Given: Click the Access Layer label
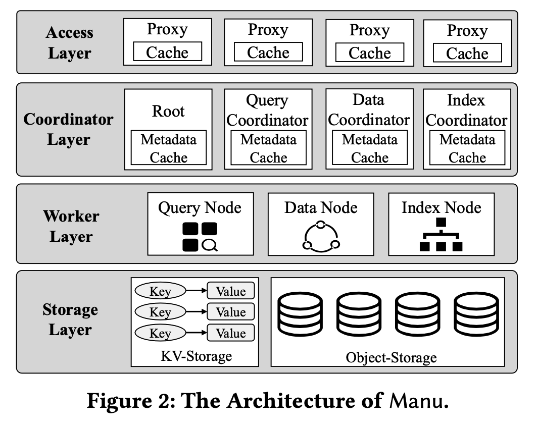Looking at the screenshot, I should click(70, 43).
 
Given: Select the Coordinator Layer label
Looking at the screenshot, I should click(68, 129).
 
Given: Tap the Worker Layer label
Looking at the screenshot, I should click(71, 226).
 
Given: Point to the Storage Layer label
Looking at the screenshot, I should click(70, 319).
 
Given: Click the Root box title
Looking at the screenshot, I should click(168, 111).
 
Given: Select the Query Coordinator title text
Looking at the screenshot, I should click(267, 111).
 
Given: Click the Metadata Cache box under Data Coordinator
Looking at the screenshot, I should click(369, 148).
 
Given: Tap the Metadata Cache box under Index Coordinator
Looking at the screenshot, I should click(467, 148).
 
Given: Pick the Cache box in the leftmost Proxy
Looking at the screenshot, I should click(167, 52).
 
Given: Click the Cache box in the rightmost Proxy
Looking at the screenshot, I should click(467, 52).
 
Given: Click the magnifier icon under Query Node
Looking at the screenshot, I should click(209, 245).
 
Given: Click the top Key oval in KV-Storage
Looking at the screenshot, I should click(160, 291).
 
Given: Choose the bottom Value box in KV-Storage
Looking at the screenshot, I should click(230, 333).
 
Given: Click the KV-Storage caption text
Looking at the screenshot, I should click(195, 356).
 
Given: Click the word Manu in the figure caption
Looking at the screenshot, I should click(417, 401).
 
